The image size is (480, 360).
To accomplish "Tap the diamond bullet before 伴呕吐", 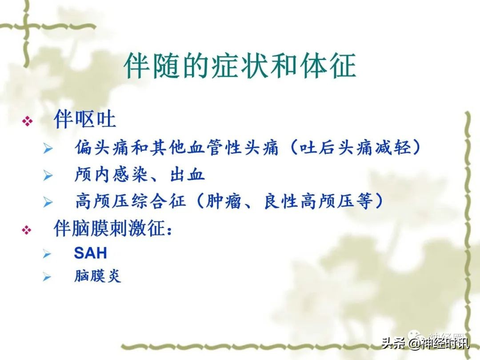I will (x=28, y=121).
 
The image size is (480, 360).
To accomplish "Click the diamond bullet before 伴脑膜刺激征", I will (x=28, y=230).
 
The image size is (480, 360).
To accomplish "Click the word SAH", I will (x=90, y=253).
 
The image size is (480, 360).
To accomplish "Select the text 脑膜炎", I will (x=97, y=276).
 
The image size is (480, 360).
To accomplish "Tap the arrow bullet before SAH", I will (x=48, y=254).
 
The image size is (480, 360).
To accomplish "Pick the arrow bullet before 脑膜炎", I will (x=48, y=277).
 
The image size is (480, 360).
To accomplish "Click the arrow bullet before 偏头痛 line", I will (x=48, y=149).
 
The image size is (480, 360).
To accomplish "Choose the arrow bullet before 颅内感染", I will (x=48, y=176).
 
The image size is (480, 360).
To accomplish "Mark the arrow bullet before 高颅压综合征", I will (x=48, y=203).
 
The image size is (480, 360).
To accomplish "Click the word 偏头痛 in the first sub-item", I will (x=102, y=148).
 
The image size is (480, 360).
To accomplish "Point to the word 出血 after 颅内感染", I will (x=187, y=175).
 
